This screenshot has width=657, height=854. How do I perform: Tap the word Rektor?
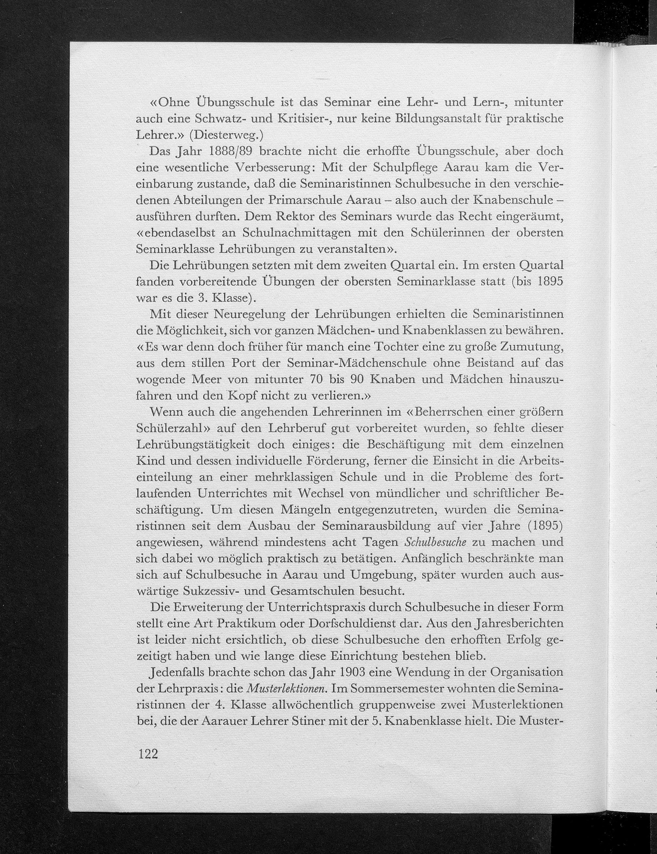[x=291, y=217]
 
